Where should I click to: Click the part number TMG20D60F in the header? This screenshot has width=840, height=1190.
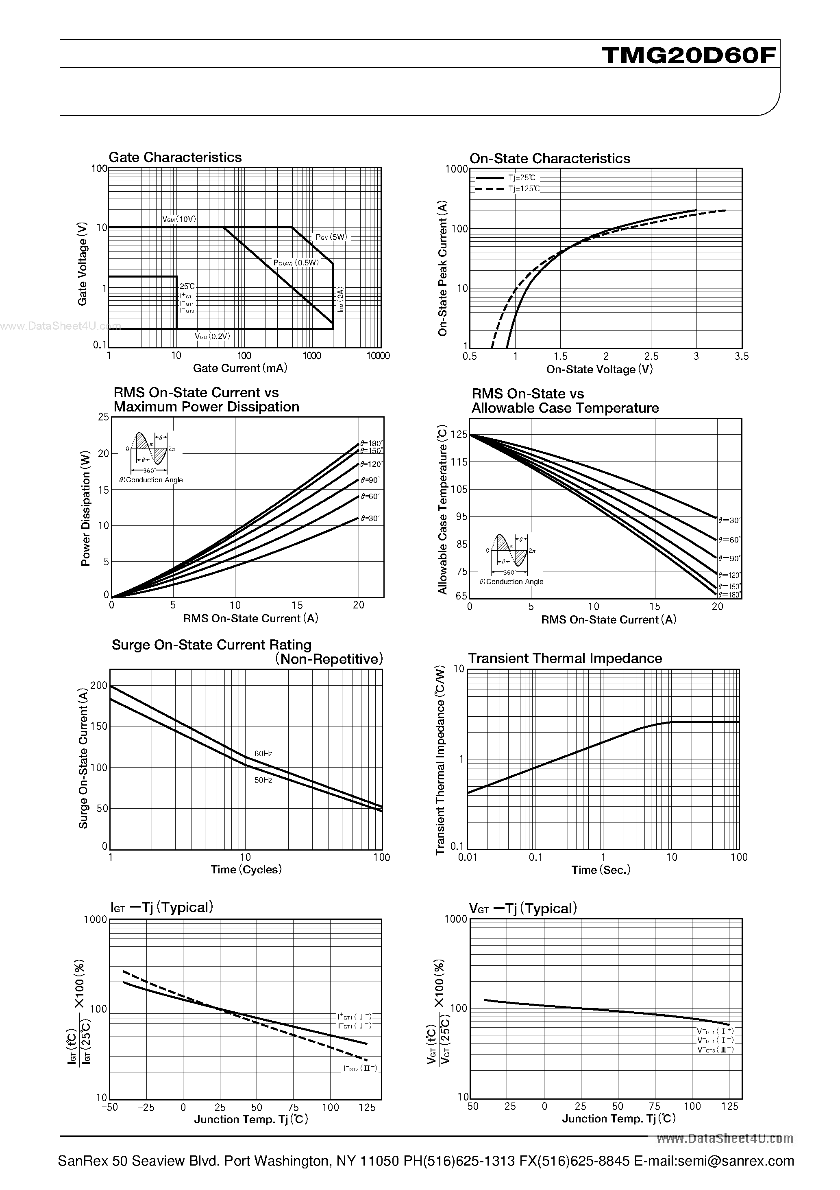click(689, 55)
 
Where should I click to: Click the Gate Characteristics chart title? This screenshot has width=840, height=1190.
click(175, 157)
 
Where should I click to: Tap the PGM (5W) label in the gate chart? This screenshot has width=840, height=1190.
click(331, 237)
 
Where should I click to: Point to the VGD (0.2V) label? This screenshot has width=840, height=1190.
click(212, 337)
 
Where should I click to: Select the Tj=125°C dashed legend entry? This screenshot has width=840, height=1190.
click(524, 189)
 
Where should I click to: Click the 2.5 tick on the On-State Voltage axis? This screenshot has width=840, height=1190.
click(651, 356)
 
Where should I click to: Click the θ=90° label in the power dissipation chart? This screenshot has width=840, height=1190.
click(370, 480)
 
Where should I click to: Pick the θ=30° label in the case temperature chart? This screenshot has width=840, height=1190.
click(729, 520)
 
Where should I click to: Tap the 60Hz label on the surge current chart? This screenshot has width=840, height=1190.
click(263, 754)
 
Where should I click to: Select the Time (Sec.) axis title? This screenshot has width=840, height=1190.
click(601, 870)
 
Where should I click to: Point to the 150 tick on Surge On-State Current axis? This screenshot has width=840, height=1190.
click(98, 726)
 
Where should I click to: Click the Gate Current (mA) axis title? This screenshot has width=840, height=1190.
click(240, 368)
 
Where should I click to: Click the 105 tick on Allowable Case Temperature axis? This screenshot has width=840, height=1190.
click(459, 489)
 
